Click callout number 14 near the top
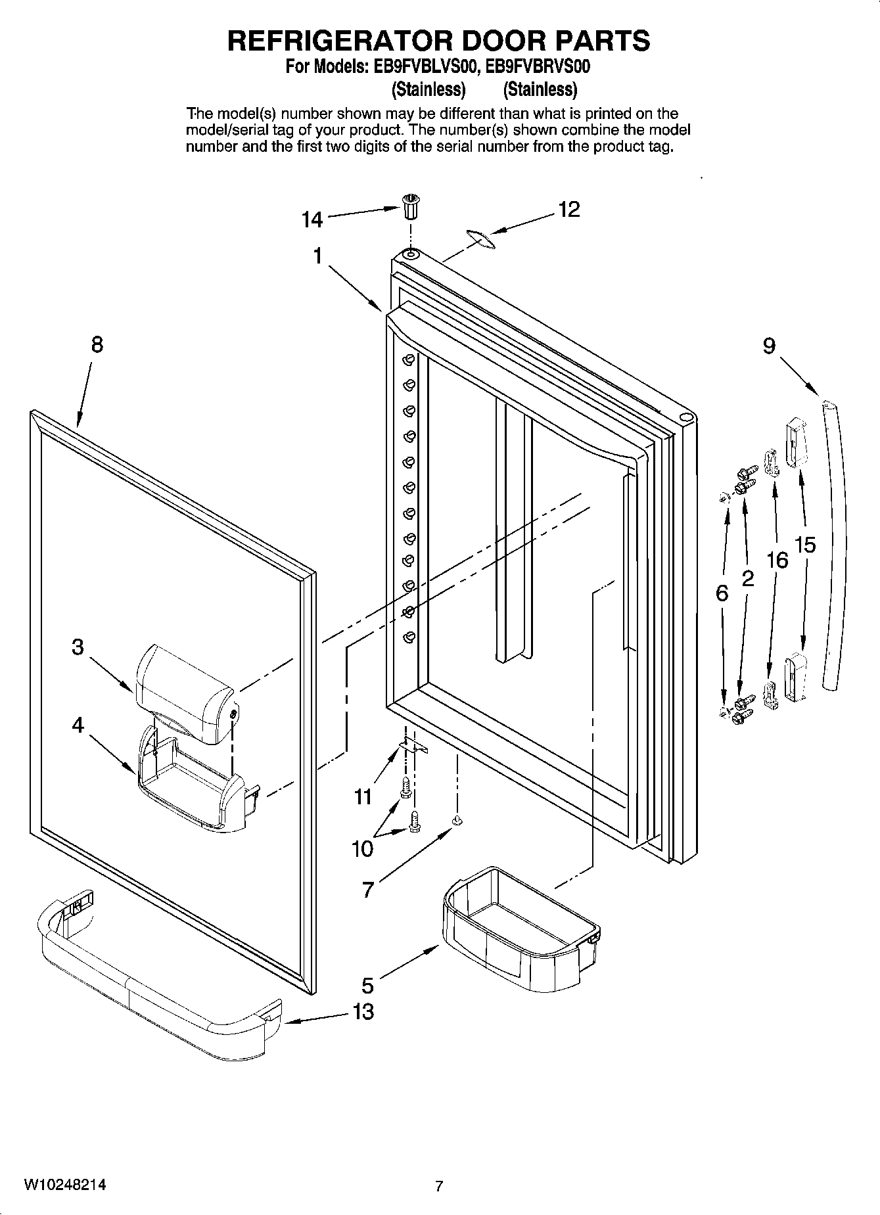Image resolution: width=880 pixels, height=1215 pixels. (x=312, y=219)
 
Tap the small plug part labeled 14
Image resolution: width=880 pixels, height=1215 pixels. (x=411, y=208)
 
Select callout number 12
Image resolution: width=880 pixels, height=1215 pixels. (x=569, y=209)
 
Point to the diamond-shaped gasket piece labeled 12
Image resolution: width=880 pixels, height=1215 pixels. (x=480, y=239)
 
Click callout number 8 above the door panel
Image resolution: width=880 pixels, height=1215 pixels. (x=97, y=344)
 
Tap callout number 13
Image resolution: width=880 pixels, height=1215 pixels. (x=363, y=1011)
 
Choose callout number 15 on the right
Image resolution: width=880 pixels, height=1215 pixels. (x=805, y=544)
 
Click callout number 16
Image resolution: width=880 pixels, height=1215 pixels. (x=777, y=560)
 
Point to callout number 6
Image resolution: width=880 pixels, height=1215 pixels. (x=722, y=594)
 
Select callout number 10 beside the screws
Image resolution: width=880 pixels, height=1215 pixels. (x=362, y=849)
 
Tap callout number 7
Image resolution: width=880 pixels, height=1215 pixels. (x=368, y=890)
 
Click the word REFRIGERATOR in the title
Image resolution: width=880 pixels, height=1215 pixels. (x=340, y=41)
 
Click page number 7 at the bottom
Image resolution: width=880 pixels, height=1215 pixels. (x=439, y=1186)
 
